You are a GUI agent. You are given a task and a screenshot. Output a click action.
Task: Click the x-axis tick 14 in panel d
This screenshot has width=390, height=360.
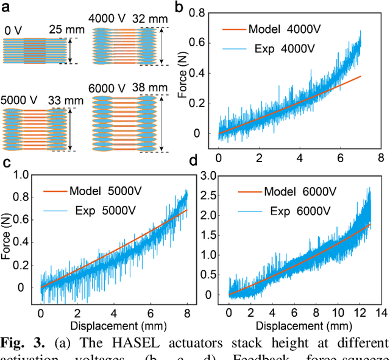[x=381, y=312]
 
